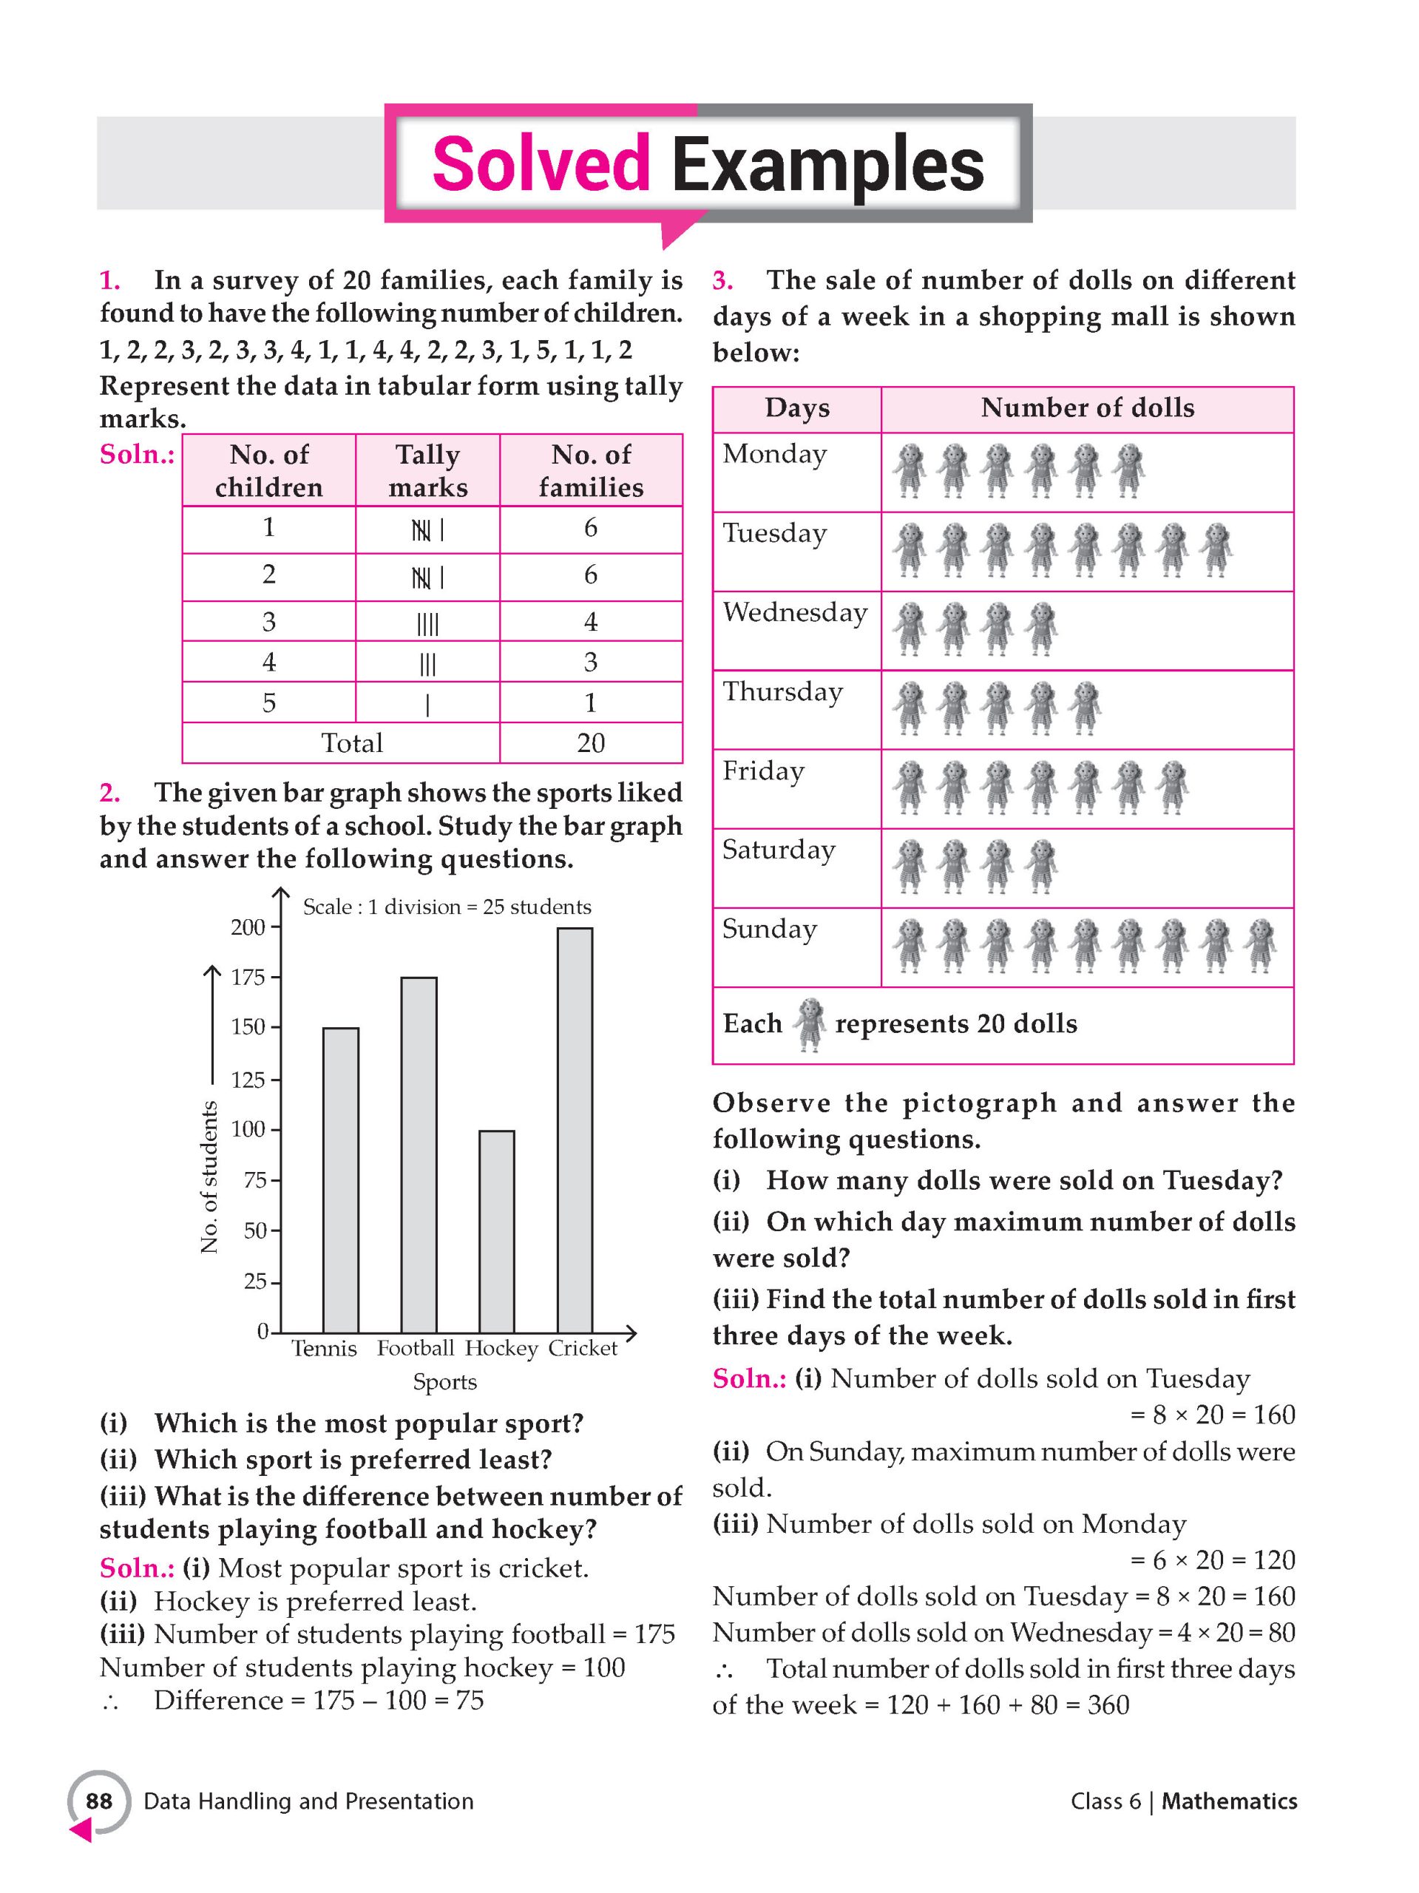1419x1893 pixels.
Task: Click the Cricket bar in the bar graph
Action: tap(575, 1130)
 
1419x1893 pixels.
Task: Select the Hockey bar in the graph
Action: tap(496, 1231)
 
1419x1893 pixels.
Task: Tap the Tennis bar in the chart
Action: tap(341, 1180)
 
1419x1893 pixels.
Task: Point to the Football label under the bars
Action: tap(415, 1349)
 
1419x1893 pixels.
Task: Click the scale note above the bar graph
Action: tap(447, 907)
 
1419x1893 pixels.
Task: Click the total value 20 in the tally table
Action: tap(591, 743)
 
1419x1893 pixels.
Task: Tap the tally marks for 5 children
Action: tap(427, 704)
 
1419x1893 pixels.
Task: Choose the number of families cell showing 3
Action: tap(591, 662)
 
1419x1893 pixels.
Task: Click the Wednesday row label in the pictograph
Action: tap(795, 613)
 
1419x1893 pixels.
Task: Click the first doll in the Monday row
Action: tap(909, 470)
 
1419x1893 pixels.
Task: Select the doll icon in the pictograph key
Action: tap(808, 1023)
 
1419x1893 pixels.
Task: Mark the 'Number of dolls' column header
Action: tap(1087, 408)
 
